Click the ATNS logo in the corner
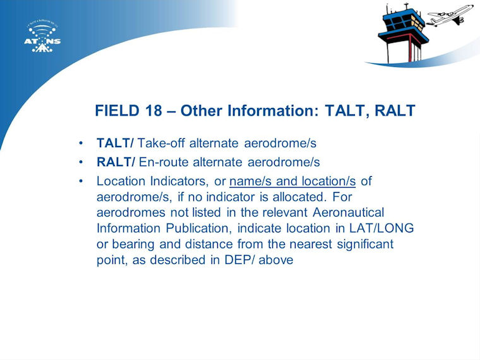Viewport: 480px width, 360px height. tap(42, 36)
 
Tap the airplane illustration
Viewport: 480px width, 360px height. tap(450, 15)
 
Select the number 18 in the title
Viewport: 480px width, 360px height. tap(153, 111)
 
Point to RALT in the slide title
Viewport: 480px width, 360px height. tap(395, 111)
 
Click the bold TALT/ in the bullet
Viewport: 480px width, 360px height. tap(115, 143)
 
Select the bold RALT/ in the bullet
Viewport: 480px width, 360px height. tap(116, 162)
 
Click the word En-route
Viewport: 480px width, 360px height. tap(164, 162)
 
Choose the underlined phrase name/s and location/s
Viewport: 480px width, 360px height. tap(292, 181)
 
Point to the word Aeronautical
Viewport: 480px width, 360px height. tap(349, 212)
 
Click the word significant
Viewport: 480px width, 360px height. tap(365, 244)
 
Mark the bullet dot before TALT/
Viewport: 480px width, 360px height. tap(81, 143)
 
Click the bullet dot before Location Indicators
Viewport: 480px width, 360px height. tap(81, 181)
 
